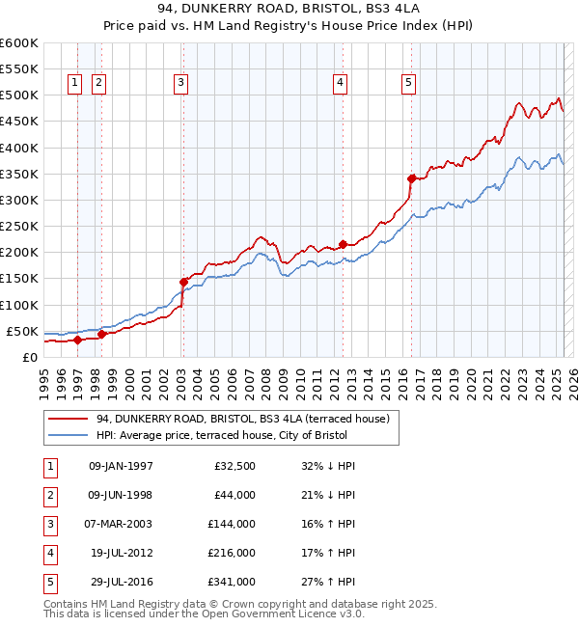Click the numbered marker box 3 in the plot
tap(180, 83)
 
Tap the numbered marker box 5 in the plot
tap(409, 83)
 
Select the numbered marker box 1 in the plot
tap(75, 83)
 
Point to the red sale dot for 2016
tap(411, 178)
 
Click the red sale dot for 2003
tap(182, 282)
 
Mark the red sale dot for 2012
tap(343, 244)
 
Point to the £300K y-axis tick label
tap(19, 200)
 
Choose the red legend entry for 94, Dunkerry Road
tap(242, 419)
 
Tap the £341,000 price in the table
tap(232, 582)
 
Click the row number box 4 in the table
tap(48, 553)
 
